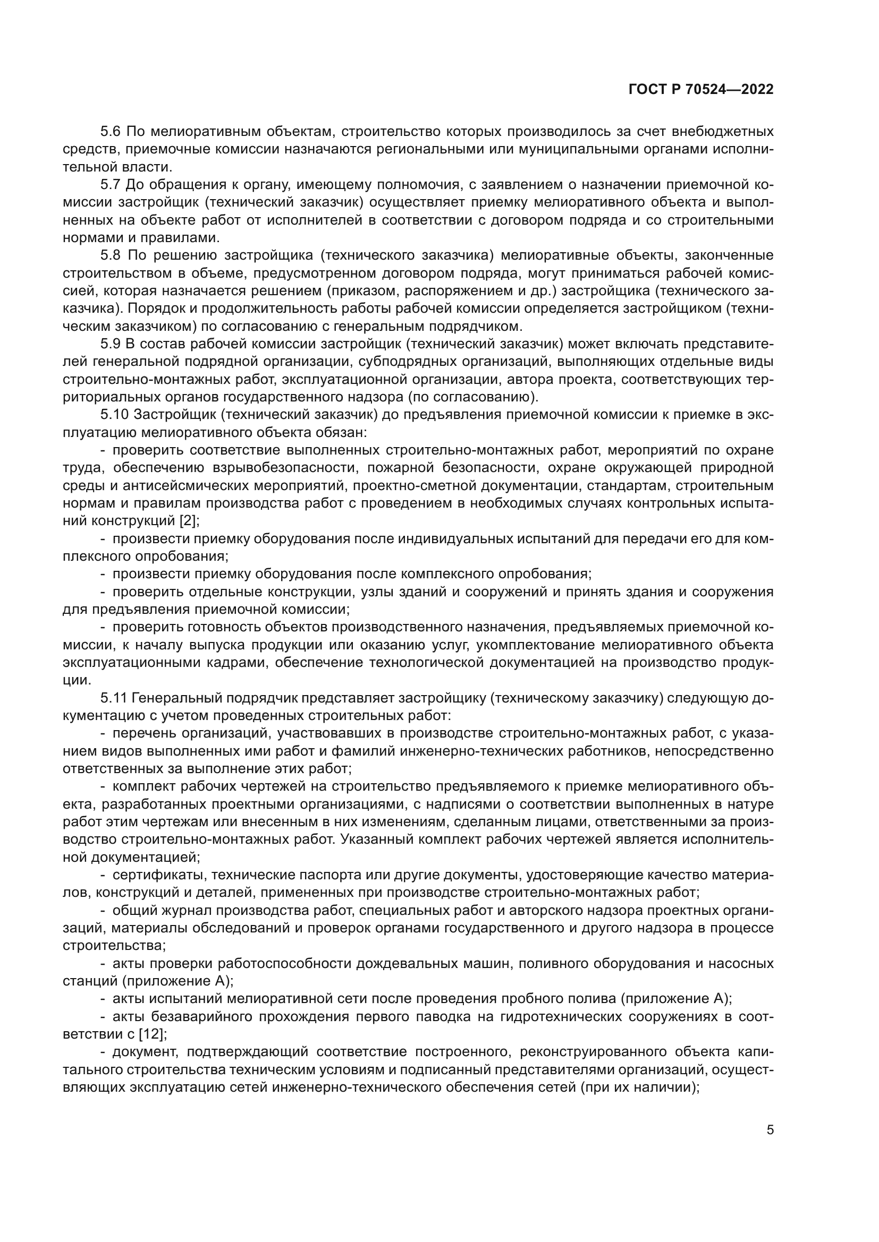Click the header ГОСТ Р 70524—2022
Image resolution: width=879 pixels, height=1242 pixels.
tap(701, 90)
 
